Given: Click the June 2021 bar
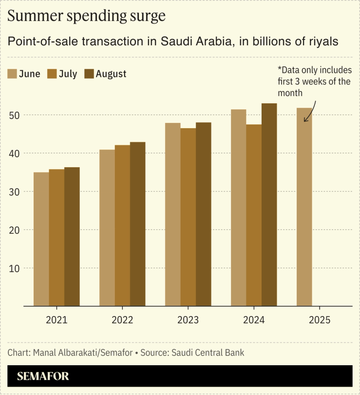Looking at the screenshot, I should click(x=41, y=239).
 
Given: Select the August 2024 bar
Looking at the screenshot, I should click(x=269, y=205).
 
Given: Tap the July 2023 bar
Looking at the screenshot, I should click(x=188, y=217).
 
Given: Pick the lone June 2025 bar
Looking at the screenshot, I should click(x=304, y=207).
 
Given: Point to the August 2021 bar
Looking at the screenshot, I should click(x=72, y=237).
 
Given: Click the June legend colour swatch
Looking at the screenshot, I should click(x=12, y=74).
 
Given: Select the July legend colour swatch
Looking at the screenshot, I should click(x=52, y=74).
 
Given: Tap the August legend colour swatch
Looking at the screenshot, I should click(x=89, y=74).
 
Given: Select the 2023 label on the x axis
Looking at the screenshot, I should click(x=188, y=320).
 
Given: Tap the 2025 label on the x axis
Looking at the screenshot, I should click(x=320, y=320).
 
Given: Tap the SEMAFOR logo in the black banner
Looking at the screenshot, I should click(x=43, y=376).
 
